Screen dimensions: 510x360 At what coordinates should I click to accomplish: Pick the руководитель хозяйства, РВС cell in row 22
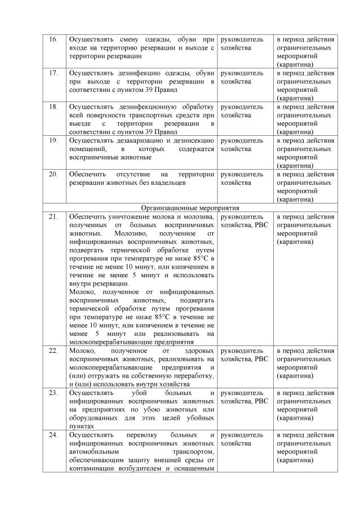pyautogui.click(x=245, y=354)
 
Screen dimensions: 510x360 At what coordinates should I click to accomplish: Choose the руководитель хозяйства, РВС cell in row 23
pyautogui.click(x=245, y=397)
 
